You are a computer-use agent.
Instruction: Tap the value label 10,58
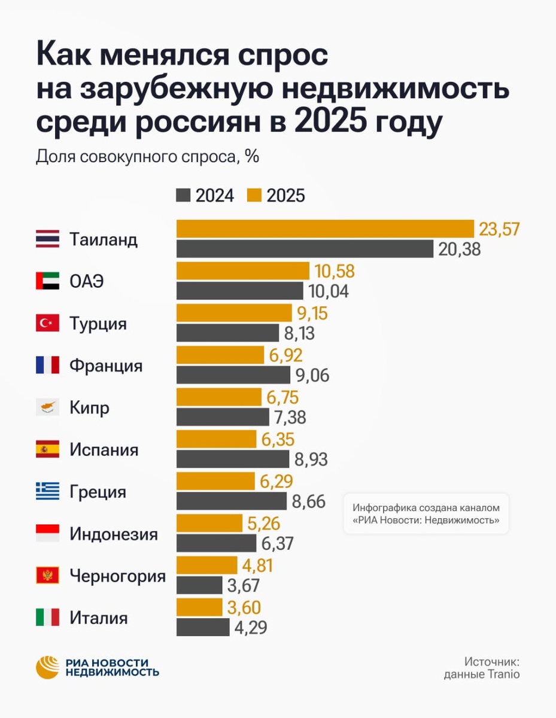pos(335,271)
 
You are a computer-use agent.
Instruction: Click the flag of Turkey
pos(47,324)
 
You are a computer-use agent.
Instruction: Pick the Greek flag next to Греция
pos(47,492)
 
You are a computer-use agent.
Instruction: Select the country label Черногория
pos(117,576)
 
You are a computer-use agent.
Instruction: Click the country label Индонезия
pos(114,534)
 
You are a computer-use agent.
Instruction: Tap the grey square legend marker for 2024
pos(183,195)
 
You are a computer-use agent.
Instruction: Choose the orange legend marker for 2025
pos(254,195)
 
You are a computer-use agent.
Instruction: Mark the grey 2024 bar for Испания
pos(233,460)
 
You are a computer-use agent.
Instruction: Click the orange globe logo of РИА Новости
pos(48,667)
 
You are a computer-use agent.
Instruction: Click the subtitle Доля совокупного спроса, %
pos(147,156)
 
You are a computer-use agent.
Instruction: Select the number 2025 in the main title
pos(339,122)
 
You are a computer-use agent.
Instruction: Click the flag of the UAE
pos(47,281)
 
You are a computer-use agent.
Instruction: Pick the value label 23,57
pos(499,229)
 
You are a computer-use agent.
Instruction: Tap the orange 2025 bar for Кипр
pos(219,397)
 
